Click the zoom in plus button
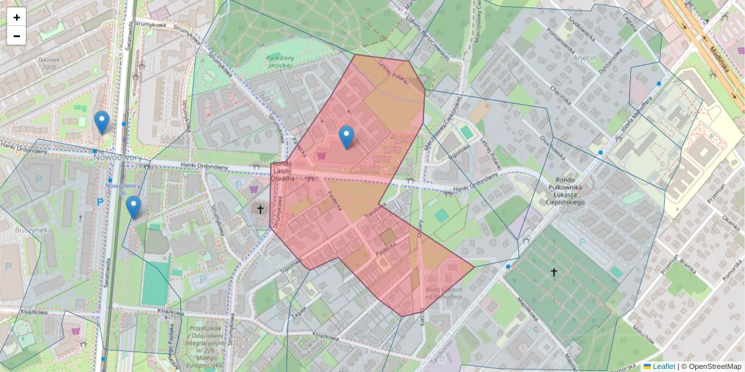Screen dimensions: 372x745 (17, 17)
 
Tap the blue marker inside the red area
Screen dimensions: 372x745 (346, 137)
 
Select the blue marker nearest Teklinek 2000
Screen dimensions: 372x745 (102, 122)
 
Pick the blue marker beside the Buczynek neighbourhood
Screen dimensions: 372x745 (133, 207)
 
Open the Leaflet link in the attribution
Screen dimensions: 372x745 (663, 366)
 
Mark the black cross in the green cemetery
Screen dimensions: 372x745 (554, 272)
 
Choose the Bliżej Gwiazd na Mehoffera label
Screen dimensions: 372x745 (444, 294)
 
